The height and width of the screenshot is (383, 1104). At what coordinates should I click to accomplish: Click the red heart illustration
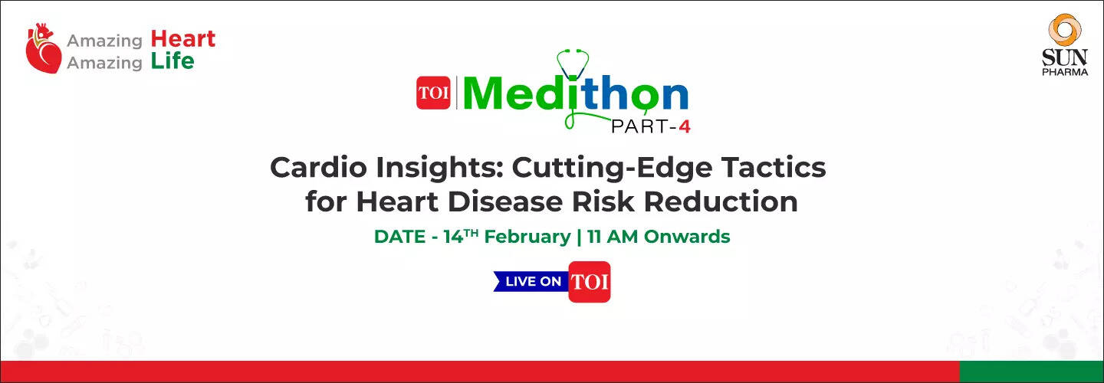tap(44, 48)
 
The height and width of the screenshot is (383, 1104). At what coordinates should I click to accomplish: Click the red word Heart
tap(182, 39)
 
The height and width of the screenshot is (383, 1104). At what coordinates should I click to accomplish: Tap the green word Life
tap(172, 61)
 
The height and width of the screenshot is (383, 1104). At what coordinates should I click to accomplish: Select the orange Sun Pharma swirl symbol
tap(1065, 30)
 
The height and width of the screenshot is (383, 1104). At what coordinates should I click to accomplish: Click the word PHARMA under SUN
tap(1065, 72)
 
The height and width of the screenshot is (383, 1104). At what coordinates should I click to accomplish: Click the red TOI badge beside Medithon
tap(433, 93)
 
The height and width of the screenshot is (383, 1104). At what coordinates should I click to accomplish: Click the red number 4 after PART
tap(684, 127)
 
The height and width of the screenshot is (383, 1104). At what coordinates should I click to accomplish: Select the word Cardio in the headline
tap(318, 168)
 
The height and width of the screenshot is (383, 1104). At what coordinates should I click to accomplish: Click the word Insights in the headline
tap(439, 169)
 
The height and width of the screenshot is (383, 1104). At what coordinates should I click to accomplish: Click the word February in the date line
tap(527, 237)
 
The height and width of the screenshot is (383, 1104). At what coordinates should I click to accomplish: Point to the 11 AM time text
tap(612, 237)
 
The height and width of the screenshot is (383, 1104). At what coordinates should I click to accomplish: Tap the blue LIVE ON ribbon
tap(531, 281)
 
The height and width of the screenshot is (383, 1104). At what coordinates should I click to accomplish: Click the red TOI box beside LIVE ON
tap(590, 282)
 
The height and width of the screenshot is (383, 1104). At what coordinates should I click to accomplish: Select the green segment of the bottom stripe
tap(1032, 372)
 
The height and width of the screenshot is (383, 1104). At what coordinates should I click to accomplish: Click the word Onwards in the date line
tap(687, 237)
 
